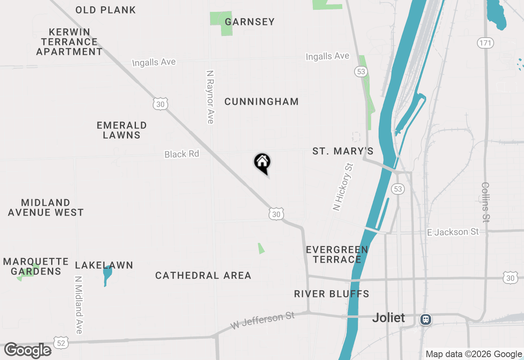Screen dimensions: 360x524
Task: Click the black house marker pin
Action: tap(262, 163)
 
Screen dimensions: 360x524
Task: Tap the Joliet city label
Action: tap(388, 318)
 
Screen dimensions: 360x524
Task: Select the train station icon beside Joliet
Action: tap(426, 319)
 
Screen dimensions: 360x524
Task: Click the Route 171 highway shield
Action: tap(486, 43)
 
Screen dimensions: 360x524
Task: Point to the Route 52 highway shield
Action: tap(61, 343)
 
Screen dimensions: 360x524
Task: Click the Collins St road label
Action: tap(486, 202)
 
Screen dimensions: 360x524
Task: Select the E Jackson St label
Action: tap(452, 232)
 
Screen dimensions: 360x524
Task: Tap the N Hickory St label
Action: tap(343, 187)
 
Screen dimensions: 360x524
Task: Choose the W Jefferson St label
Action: tap(263, 320)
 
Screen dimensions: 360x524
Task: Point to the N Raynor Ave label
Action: tap(210, 97)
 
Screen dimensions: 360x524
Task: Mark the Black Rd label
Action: tap(181, 154)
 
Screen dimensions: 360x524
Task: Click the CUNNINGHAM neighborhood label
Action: tap(262, 102)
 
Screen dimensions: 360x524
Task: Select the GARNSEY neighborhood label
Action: tap(250, 22)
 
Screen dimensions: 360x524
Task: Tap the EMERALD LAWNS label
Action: tap(122, 130)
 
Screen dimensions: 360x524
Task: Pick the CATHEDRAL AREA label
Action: tap(203, 276)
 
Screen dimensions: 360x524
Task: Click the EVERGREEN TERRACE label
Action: tap(337, 254)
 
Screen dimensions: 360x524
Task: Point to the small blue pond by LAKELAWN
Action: tap(107, 274)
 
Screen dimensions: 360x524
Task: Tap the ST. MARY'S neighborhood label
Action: tap(343, 151)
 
